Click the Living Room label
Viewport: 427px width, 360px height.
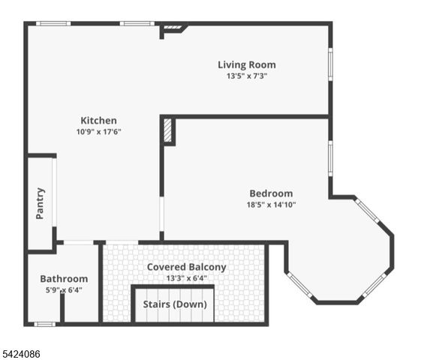(246, 64)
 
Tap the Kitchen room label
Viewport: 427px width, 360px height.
(98, 120)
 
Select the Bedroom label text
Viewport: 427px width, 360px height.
(271, 193)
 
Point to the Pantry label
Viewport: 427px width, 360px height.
(41, 203)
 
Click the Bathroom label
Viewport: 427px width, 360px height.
(64, 278)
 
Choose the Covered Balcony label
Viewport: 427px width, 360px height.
(186, 267)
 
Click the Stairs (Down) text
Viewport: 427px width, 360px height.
(174, 304)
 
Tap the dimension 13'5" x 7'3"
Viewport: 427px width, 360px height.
(246, 76)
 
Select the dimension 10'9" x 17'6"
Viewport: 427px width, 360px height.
(98, 131)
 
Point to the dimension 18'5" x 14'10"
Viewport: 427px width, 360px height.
(271, 204)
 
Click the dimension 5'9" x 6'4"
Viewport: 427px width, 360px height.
(64, 289)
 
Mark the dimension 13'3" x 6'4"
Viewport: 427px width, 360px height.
(186, 278)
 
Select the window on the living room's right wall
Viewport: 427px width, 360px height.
(329, 64)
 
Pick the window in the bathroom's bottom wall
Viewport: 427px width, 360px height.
(45, 323)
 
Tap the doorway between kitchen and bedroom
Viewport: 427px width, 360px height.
(161, 218)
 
